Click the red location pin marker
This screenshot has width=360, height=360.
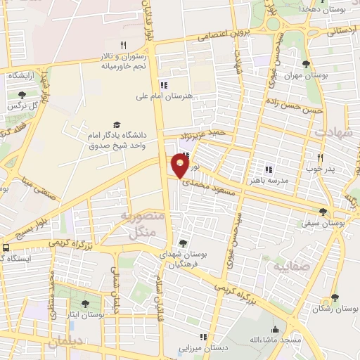coord(180,167)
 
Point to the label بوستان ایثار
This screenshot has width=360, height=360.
coord(86,316)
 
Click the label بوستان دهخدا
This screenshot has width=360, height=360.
coord(312,9)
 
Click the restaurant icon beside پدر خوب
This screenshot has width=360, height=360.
coord(320,157)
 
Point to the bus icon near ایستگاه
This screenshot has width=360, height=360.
coord(6,247)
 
